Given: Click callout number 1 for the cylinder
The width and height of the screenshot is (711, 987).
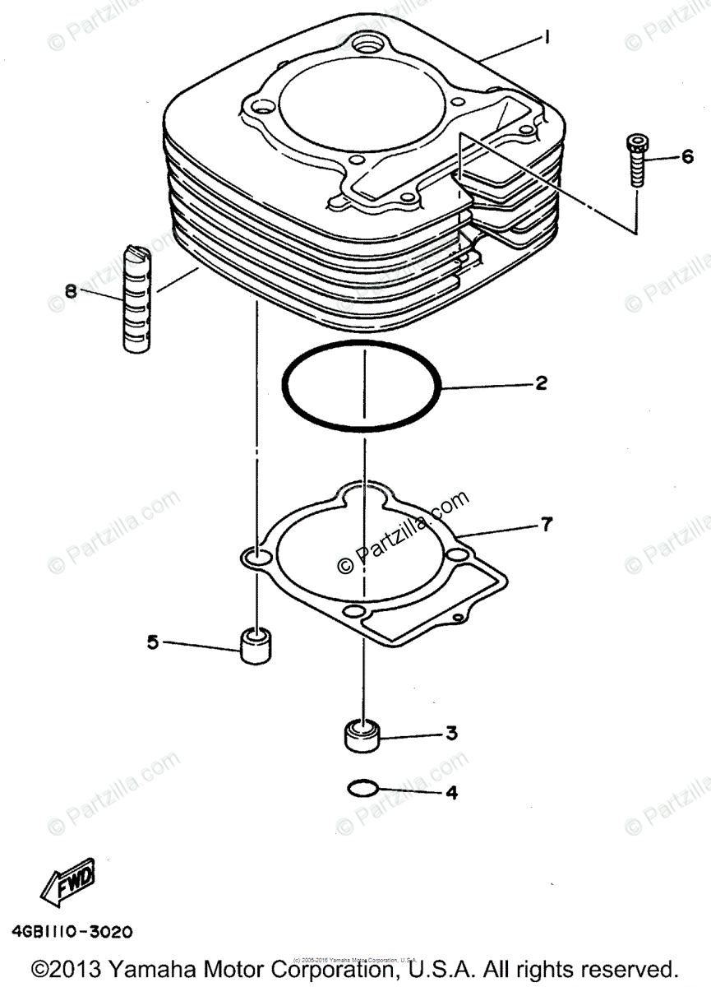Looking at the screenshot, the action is pyautogui.click(x=546, y=37).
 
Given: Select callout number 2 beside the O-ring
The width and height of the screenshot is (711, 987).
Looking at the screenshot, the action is pyautogui.click(x=540, y=382).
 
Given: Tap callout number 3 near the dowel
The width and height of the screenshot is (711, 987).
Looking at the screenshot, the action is pyautogui.click(x=451, y=733).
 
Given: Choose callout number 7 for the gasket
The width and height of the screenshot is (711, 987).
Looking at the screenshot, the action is pyautogui.click(x=547, y=522).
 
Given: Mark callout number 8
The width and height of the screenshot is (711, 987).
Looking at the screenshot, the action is pyautogui.click(x=71, y=290).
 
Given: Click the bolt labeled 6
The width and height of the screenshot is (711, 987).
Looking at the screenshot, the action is pyautogui.click(x=637, y=162).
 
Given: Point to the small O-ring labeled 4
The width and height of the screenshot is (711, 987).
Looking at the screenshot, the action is pyautogui.click(x=362, y=789).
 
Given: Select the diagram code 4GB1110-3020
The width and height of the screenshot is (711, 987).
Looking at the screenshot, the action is pyautogui.click(x=72, y=934).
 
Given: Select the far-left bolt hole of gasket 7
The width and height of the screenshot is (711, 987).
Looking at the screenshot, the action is pyautogui.click(x=257, y=559).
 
